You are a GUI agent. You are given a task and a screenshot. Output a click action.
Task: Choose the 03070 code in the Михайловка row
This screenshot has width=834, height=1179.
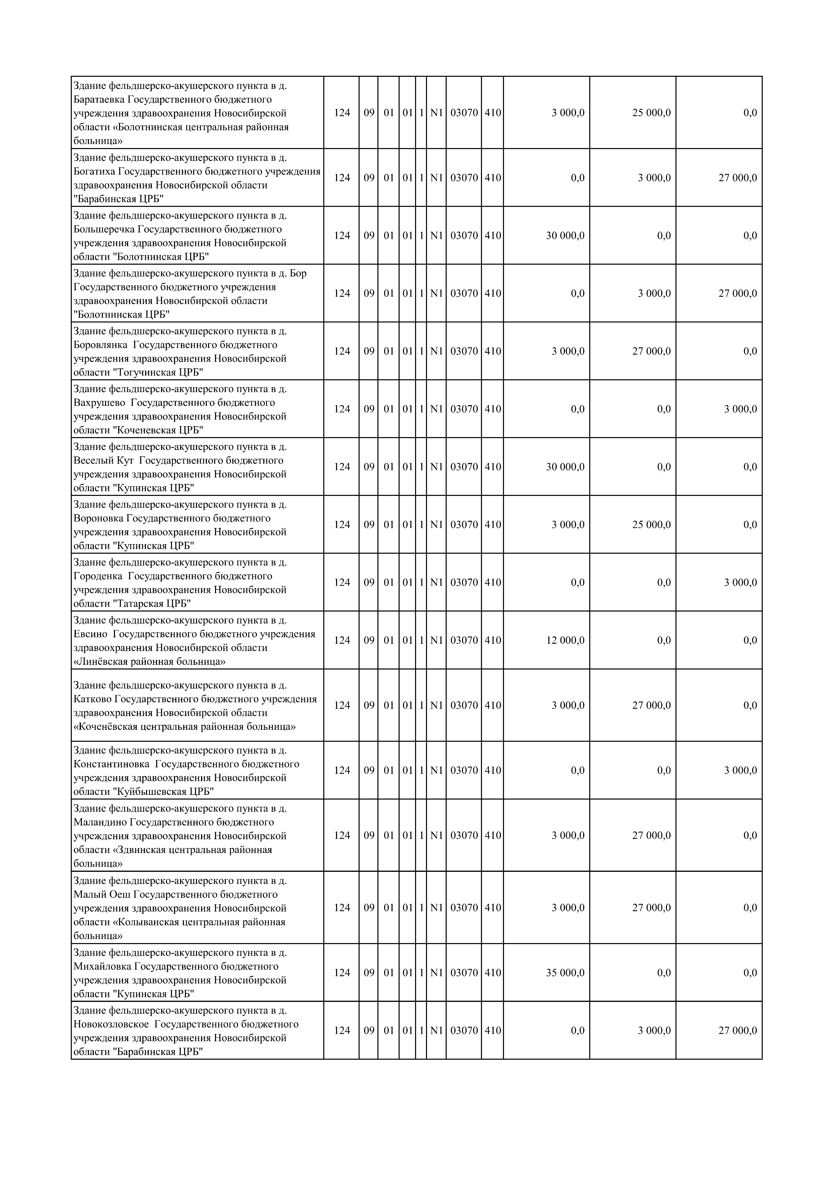(464, 973)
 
